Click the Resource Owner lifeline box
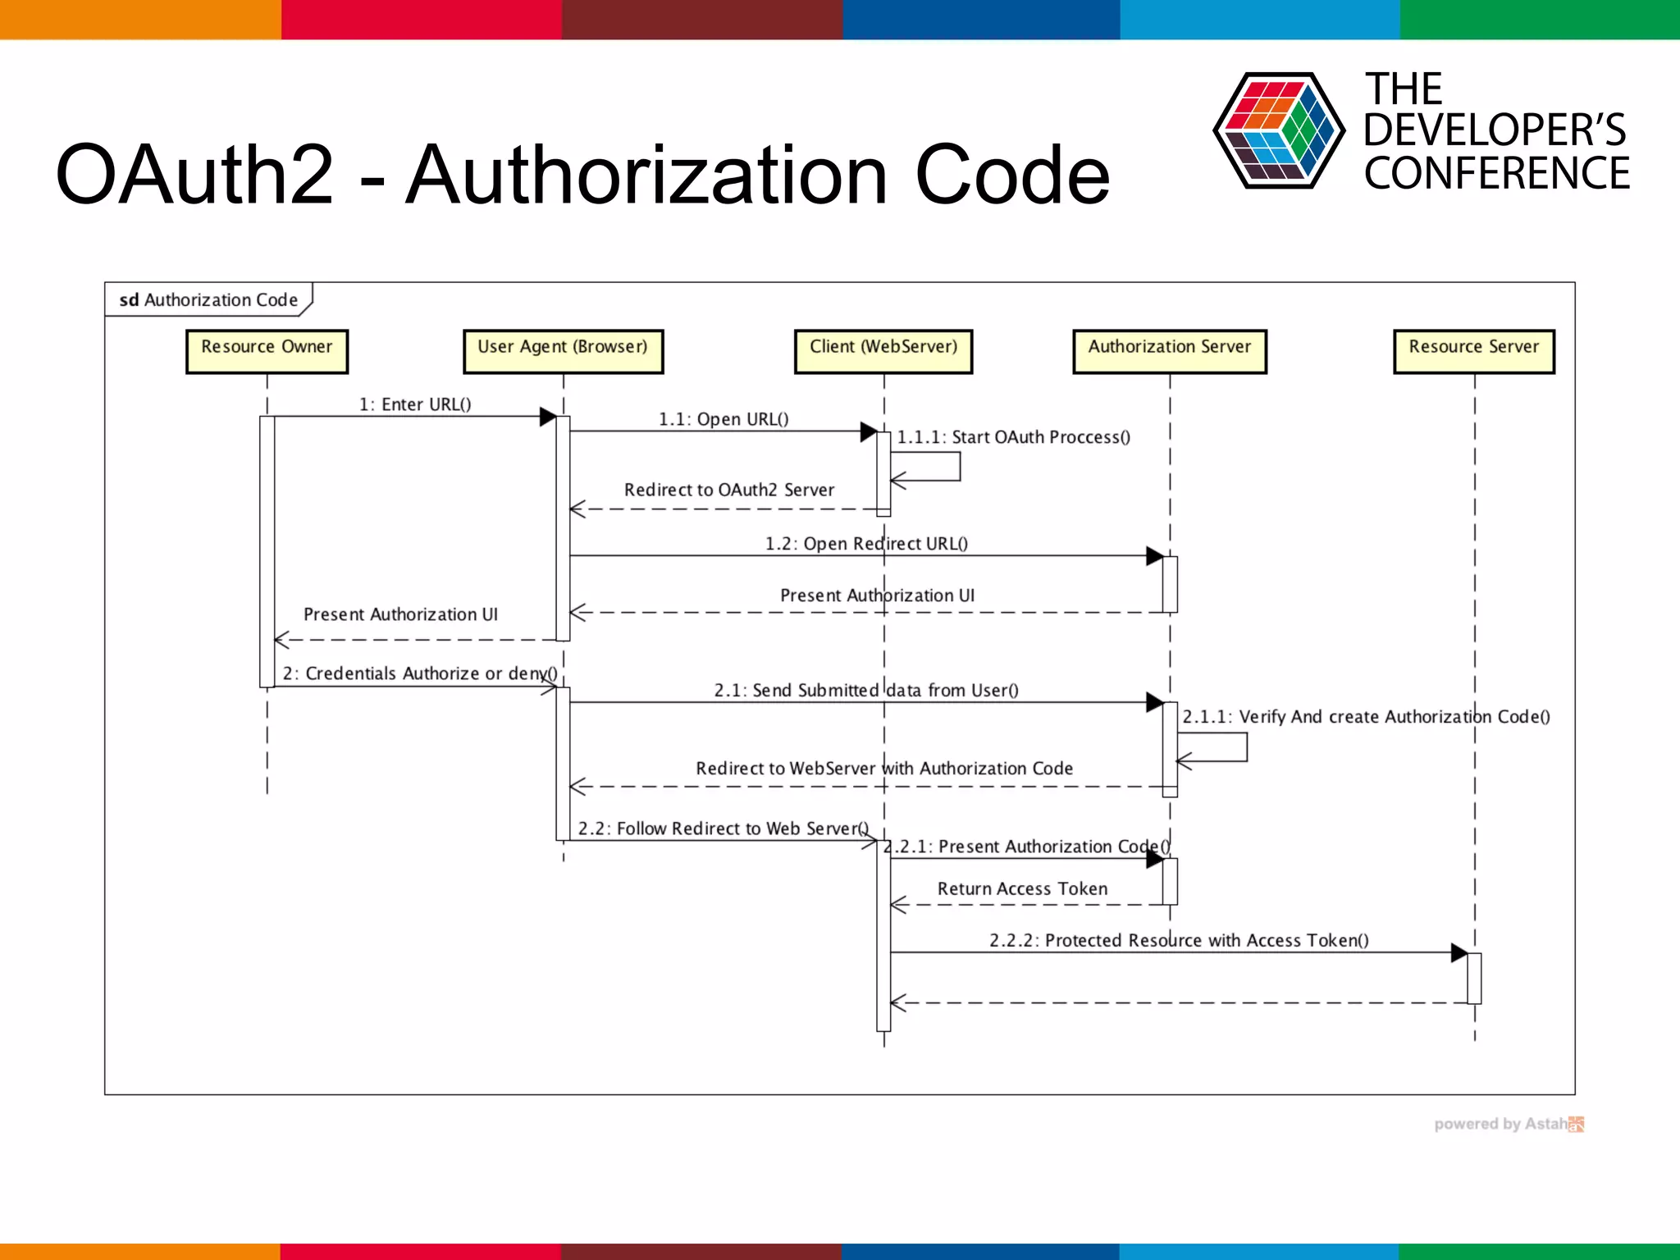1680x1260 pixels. click(x=267, y=351)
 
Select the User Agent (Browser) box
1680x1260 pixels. click(x=563, y=351)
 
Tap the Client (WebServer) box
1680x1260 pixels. click(x=883, y=351)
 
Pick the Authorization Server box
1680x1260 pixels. click(x=1170, y=351)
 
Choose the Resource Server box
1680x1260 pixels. click(x=1474, y=351)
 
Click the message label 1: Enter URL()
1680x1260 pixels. click(x=415, y=404)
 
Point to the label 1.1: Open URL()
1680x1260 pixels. click(x=724, y=419)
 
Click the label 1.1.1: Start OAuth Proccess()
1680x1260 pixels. click(x=1013, y=437)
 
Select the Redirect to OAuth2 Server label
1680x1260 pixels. click(x=728, y=490)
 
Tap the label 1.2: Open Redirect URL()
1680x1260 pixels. click(x=866, y=544)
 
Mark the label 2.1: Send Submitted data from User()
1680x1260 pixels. click(x=866, y=691)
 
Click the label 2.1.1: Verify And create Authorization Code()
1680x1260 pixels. click(x=1366, y=717)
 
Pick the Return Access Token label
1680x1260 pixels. click(x=1022, y=889)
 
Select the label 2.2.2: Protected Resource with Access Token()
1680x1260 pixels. click(x=1179, y=941)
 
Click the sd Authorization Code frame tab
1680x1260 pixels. click(x=208, y=300)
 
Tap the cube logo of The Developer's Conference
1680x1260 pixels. click(x=1278, y=130)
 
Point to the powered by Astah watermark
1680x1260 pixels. click(x=1508, y=1124)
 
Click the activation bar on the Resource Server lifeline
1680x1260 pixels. click(x=1474, y=978)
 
